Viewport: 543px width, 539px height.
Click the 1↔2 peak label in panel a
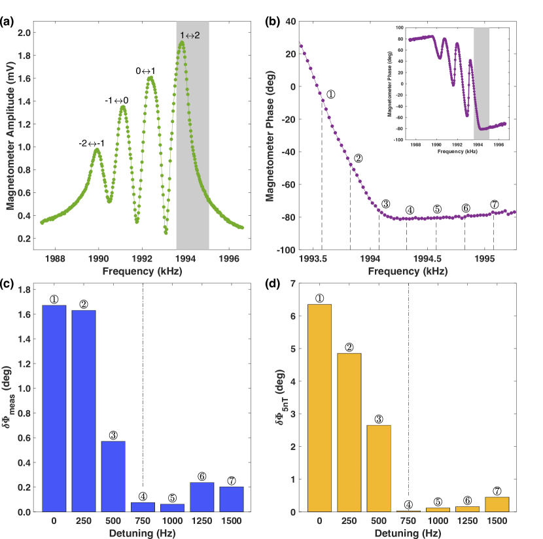(190, 35)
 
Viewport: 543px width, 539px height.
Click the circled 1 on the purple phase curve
(331, 94)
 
